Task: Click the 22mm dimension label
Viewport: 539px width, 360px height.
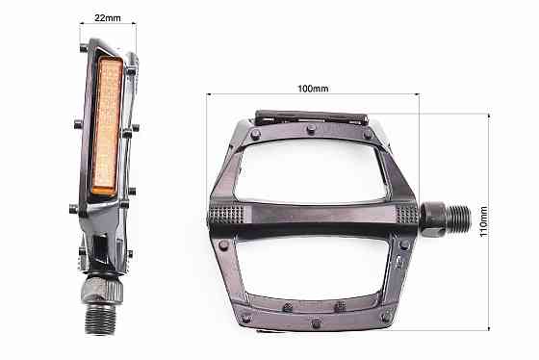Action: (106, 17)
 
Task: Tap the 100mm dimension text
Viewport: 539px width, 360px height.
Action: (313, 89)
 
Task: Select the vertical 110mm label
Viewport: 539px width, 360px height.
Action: (485, 223)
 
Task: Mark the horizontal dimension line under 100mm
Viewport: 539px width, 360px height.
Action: (313, 95)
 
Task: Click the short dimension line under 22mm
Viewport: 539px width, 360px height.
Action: (106, 24)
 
